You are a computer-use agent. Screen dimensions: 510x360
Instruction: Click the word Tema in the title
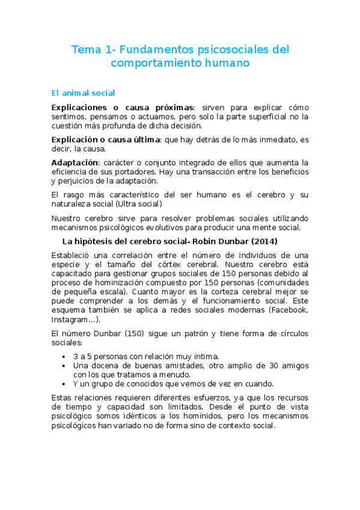[84, 50]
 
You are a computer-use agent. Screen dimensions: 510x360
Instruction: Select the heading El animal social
[83, 93]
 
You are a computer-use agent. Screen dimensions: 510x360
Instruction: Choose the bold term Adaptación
[75, 162]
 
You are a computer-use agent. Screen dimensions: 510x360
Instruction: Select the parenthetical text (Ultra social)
[130, 204]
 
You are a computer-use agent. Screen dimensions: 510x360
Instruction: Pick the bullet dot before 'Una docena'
[64, 365]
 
